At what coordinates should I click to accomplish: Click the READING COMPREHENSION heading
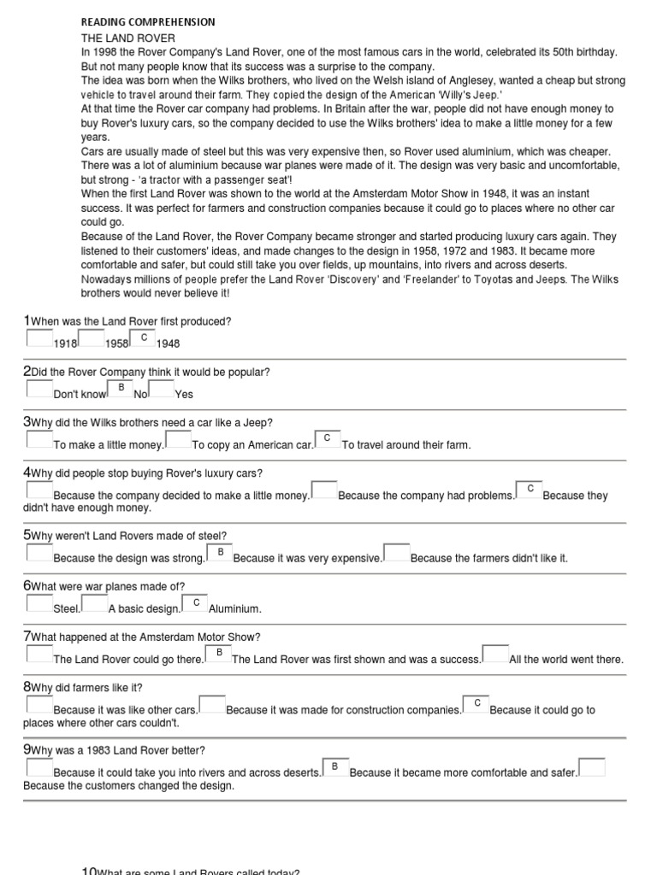tap(148, 22)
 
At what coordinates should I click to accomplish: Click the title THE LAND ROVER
tap(128, 38)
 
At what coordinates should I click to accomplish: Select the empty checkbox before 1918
tap(39, 338)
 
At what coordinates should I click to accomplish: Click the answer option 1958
tap(117, 344)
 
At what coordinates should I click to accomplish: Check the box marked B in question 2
tap(121, 388)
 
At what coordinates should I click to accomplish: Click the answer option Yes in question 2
tap(184, 395)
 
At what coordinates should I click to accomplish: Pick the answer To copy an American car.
tap(252, 445)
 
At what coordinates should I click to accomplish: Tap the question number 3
tap(27, 422)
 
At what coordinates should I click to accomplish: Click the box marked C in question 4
tap(530, 489)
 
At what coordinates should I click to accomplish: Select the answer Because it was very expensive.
tap(308, 559)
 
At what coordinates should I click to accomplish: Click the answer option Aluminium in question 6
tap(235, 609)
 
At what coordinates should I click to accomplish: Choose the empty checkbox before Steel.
tap(39, 603)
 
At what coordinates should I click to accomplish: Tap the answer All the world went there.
tap(566, 660)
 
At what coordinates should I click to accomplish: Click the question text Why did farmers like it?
tap(86, 688)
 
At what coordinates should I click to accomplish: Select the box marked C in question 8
tap(476, 703)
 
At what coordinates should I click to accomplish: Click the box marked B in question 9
tap(335, 766)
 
